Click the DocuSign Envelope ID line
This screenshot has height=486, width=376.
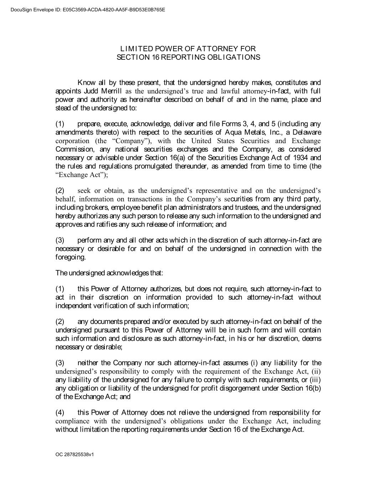(x=83, y=10)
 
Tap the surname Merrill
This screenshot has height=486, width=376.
(x=111, y=91)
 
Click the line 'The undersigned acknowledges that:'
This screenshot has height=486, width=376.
(x=109, y=273)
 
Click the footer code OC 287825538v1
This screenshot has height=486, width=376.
(x=74, y=455)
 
